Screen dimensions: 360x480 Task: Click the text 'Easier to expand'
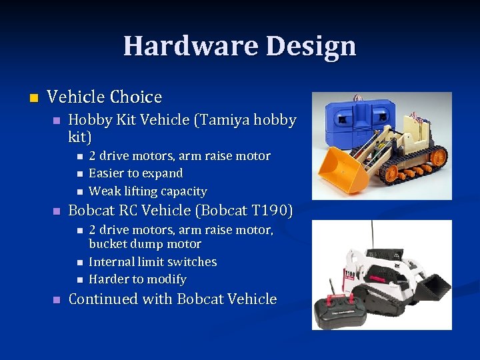click(135, 173)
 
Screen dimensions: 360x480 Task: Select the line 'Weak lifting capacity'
click(147, 191)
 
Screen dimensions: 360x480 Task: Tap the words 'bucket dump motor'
click(145, 244)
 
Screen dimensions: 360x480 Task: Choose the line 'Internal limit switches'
click(153, 262)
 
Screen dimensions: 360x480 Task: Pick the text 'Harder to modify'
click(137, 279)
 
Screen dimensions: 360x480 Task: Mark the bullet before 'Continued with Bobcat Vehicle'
click(56, 299)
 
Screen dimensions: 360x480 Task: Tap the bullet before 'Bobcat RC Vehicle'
click(56, 211)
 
